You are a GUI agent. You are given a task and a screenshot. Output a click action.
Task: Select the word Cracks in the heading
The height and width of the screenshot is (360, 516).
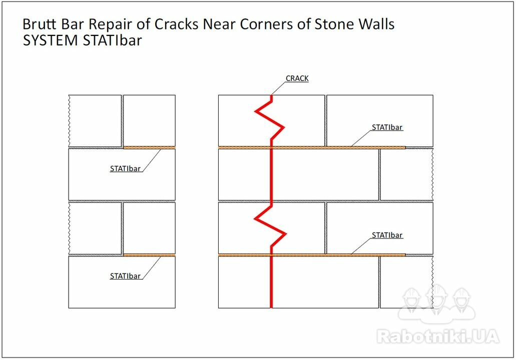click(x=176, y=24)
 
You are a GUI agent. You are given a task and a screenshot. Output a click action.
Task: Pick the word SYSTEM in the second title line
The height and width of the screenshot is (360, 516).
click(x=51, y=40)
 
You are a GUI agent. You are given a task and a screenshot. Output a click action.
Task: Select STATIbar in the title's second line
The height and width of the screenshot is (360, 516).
click(x=113, y=40)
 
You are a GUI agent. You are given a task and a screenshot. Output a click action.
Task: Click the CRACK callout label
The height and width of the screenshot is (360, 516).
click(x=297, y=78)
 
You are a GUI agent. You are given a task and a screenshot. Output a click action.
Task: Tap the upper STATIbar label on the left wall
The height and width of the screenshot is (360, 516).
click(x=125, y=168)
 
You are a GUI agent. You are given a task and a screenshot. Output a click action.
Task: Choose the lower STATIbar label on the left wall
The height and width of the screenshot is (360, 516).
click(x=125, y=276)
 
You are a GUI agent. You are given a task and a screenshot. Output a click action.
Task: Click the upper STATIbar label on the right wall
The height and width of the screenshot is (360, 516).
click(x=387, y=127)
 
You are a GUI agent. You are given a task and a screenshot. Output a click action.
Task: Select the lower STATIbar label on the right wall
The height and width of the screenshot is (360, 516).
click(x=387, y=235)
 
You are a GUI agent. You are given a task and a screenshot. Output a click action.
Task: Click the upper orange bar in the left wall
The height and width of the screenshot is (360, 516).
click(x=150, y=147)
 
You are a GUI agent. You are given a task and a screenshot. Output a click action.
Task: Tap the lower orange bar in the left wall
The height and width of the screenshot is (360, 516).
click(x=150, y=255)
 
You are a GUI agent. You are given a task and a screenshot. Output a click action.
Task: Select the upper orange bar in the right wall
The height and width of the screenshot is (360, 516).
click(x=312, y=147)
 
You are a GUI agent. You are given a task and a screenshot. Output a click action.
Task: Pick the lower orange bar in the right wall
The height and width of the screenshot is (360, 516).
click(x=312, y=255)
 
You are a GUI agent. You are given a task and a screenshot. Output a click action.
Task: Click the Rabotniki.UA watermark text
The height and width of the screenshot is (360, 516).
click(x=438, y=336)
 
